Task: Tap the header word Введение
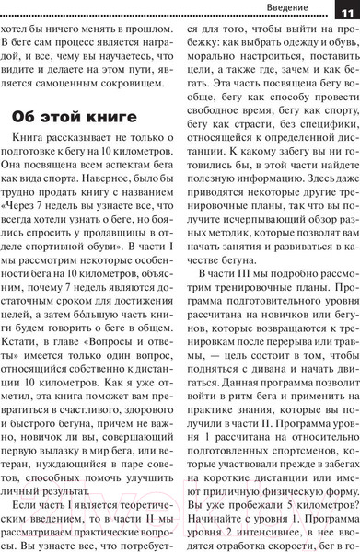click(294, 9)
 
